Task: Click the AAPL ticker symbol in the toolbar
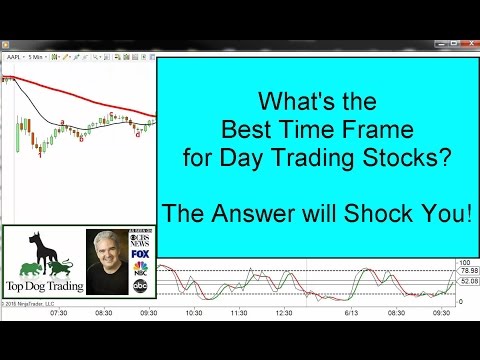point(17,58)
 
